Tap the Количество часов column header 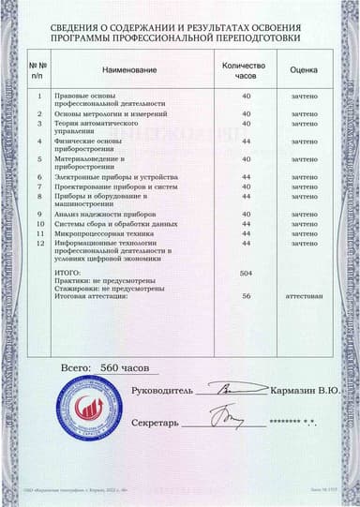pyautogui.click(x=247, y=70)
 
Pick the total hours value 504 pyautogui.click(x=247, y=272)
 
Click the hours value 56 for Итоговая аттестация pyautogui.click(x=247, y=296)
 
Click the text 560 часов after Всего pyautogui.click(x=124, y=367)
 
